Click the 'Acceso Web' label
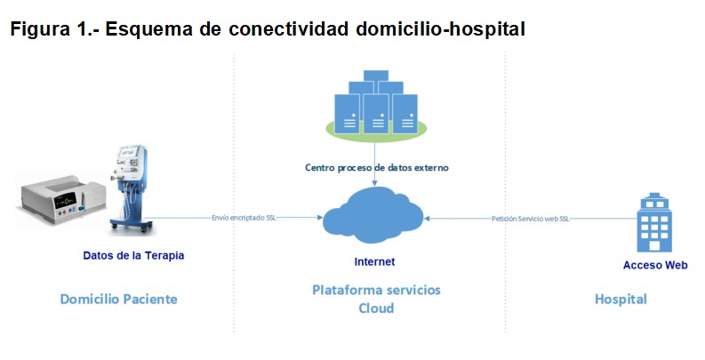pyautogui.click(x=656, y=265)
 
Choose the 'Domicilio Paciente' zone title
pyautogui.click(x=118, y=299)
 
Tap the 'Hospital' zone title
pyautogui.click(x=621, y=299)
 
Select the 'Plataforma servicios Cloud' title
pyautogui.click(x=375, y=299)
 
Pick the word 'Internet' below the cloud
pyautogui.click(x=374, y=261)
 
